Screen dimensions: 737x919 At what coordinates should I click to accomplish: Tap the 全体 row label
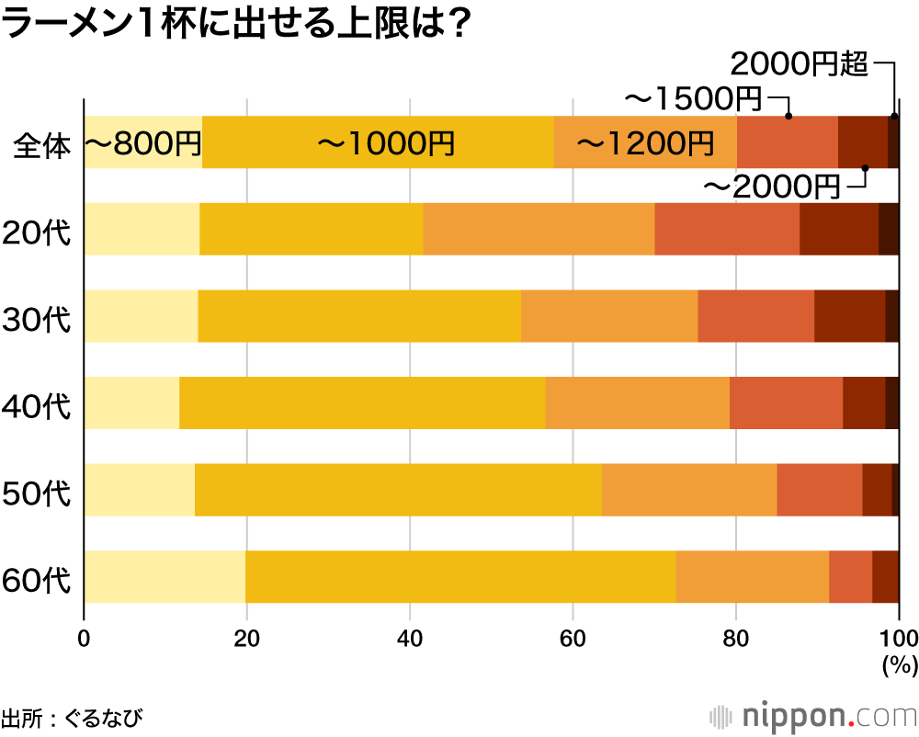point(42,145)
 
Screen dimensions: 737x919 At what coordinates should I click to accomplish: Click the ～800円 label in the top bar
point(142,143)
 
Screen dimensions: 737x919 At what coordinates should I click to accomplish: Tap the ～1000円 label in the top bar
point(386,143)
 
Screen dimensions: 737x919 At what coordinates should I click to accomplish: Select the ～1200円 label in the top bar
point(645,143)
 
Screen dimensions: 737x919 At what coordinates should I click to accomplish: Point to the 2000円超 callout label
point(799,63)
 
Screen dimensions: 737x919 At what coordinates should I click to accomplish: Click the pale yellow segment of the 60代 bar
point(165,577)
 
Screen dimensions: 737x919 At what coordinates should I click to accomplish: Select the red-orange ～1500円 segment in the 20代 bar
point(726,230)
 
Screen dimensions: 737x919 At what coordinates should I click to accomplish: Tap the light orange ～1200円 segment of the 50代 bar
point(689,490)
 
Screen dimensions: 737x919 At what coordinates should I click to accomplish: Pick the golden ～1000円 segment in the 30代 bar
point(359,316)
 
